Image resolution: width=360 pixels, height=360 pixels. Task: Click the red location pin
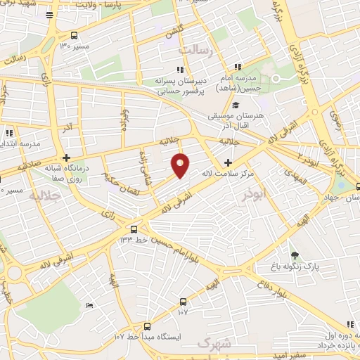coord(181,165)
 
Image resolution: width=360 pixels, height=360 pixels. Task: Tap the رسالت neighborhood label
coord(195,51)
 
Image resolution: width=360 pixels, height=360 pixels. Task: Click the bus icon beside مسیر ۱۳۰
coord(75,36)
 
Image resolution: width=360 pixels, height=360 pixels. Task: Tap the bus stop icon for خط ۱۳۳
coord(134,229)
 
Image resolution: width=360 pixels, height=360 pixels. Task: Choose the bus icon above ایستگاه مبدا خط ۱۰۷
coord(147,326)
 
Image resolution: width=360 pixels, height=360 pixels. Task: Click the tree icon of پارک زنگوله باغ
coord(294,256)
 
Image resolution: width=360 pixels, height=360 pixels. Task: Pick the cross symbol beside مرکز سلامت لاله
coord(227,162)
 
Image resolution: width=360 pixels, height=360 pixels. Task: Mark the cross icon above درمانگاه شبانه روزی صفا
coord(66,157)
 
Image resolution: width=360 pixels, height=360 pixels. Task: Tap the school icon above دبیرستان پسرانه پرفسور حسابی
coord(180,70)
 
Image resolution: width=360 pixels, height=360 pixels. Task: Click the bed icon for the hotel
coord(89,304)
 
